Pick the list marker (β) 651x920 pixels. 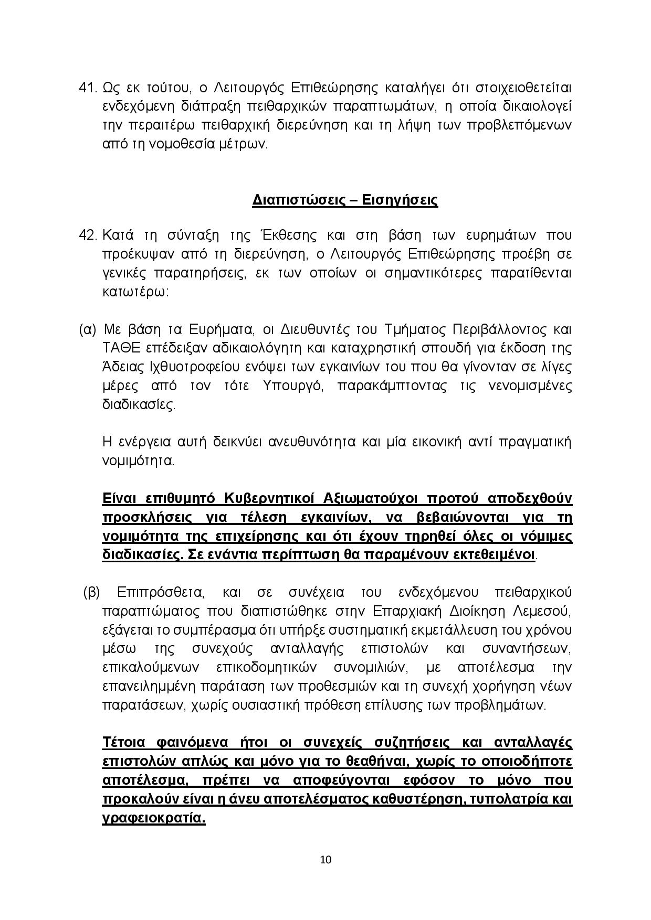(x=91, y=592)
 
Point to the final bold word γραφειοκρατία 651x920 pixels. (x=153, y=818)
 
